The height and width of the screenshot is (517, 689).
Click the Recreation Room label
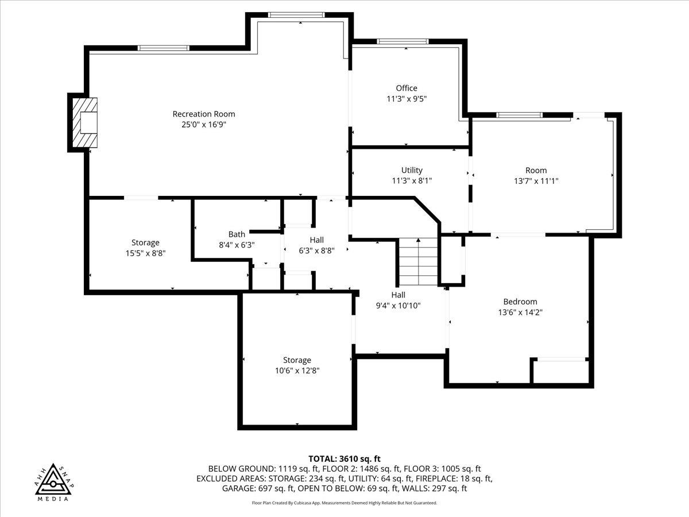[204, 114]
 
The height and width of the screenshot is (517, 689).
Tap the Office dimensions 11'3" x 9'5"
[407, 99]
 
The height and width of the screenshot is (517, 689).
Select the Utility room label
[412, 170]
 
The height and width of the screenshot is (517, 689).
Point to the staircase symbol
[419, 261]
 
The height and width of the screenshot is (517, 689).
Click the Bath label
[237, 234]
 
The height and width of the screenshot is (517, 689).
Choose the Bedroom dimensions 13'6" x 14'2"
[520, 312]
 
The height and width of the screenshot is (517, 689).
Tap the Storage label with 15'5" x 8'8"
[145, 242]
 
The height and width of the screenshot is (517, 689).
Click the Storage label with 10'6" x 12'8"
[297, 360]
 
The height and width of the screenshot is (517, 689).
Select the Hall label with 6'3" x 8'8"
[316, 240]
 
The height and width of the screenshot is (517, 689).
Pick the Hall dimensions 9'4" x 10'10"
[398, 306]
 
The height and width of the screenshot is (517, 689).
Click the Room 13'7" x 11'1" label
[536, 170]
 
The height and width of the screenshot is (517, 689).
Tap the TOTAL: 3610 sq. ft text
[344, 458]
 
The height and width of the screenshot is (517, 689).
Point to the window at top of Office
[402, 41]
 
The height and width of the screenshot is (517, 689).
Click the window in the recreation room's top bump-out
[296, 14]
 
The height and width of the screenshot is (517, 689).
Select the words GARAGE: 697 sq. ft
[258, 488]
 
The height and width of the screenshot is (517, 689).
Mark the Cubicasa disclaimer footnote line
[344, 503]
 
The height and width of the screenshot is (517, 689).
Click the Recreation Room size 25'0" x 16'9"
[204, 124]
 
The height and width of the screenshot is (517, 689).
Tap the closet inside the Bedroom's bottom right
[561, 371]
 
